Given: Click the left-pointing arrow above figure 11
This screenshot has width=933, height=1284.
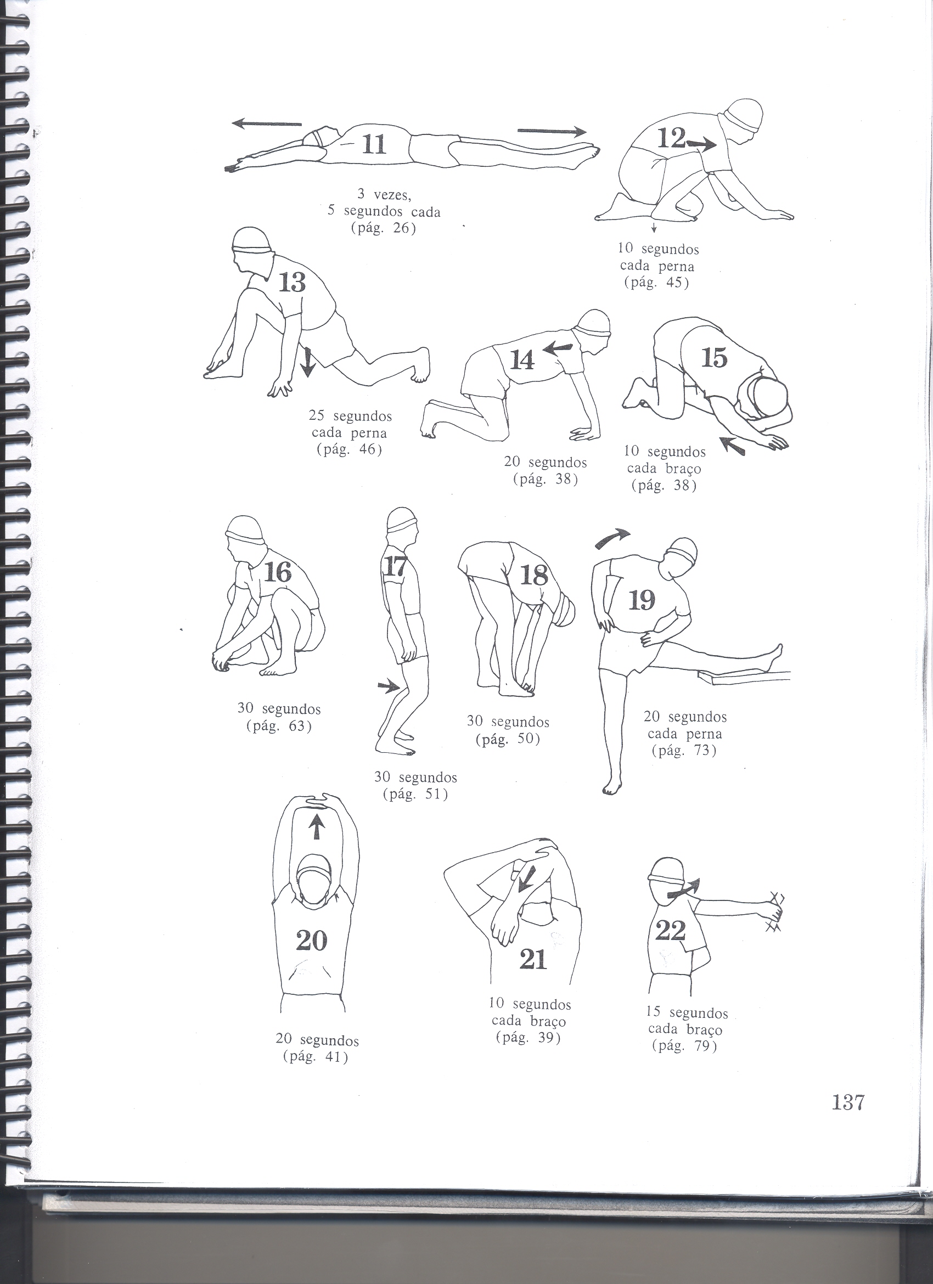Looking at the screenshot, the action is (267, 123).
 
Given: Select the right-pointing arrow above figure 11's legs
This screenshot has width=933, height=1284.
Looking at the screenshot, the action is (552, 131).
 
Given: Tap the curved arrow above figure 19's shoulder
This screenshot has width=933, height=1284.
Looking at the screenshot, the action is (612, 538).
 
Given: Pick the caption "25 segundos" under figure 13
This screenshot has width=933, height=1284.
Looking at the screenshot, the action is (350, 416).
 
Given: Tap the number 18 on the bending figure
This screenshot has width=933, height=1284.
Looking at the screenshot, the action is (534, 576).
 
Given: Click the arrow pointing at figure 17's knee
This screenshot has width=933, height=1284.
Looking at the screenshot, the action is (389, 687).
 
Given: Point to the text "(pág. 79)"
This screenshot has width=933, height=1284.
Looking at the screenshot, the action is (684, 1046).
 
